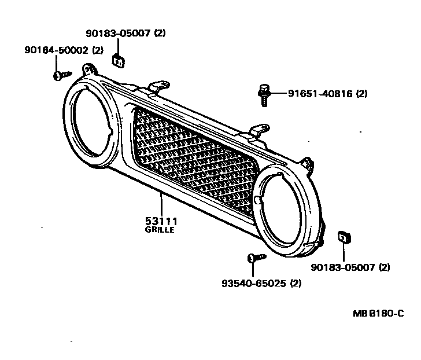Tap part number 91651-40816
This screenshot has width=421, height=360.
[319, 93]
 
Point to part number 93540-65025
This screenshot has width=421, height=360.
[254, 284]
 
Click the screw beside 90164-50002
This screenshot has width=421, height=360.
[61, 75]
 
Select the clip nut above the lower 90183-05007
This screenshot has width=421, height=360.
[344, 237]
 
